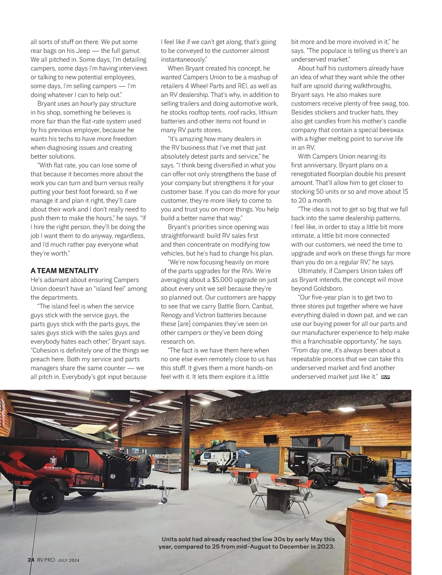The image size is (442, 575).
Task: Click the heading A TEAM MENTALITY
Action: pyautogui.click(x=64, y=271)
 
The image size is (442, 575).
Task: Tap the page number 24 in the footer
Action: pyautogui.click(x=31, y=560)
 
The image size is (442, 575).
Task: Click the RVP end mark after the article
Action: pyautogui.click(x=385, y=377)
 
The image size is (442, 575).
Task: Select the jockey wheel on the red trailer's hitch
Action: pyautogui.click(x=164, y=501)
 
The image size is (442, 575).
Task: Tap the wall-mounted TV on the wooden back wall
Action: pyautogui.click(x=270, y=439)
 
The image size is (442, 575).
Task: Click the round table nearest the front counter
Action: pyautogui.click(x=278, y=488)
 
